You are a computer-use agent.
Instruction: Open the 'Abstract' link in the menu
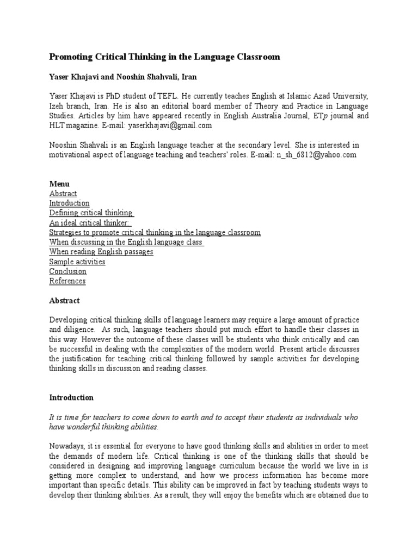[63, 193]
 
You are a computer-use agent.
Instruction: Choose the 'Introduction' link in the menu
[69, 203]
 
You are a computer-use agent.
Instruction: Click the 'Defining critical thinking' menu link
[91, 213]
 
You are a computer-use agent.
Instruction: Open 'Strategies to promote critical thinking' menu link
[155, 233]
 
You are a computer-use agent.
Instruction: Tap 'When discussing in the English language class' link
[126, 242]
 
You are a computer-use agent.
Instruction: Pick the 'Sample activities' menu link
[77, 262]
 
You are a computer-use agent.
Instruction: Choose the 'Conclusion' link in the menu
[67, 271]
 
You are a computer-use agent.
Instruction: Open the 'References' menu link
[67, 281]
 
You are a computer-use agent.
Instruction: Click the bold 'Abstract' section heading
[64, 300]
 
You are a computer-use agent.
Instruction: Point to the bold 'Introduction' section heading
[71, 397]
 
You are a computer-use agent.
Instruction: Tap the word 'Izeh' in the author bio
[58, 106]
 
